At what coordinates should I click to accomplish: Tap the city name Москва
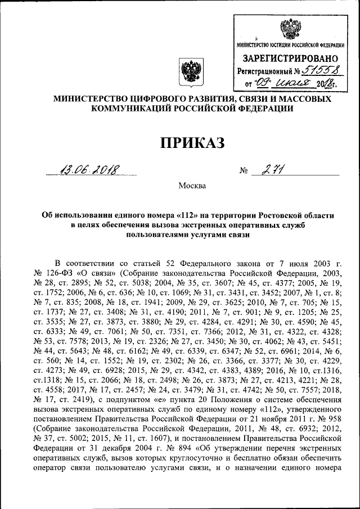coord(192,185)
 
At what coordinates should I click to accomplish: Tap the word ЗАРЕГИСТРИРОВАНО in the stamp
coord(290,58)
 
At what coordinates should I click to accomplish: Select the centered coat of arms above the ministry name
coord(190,74)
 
